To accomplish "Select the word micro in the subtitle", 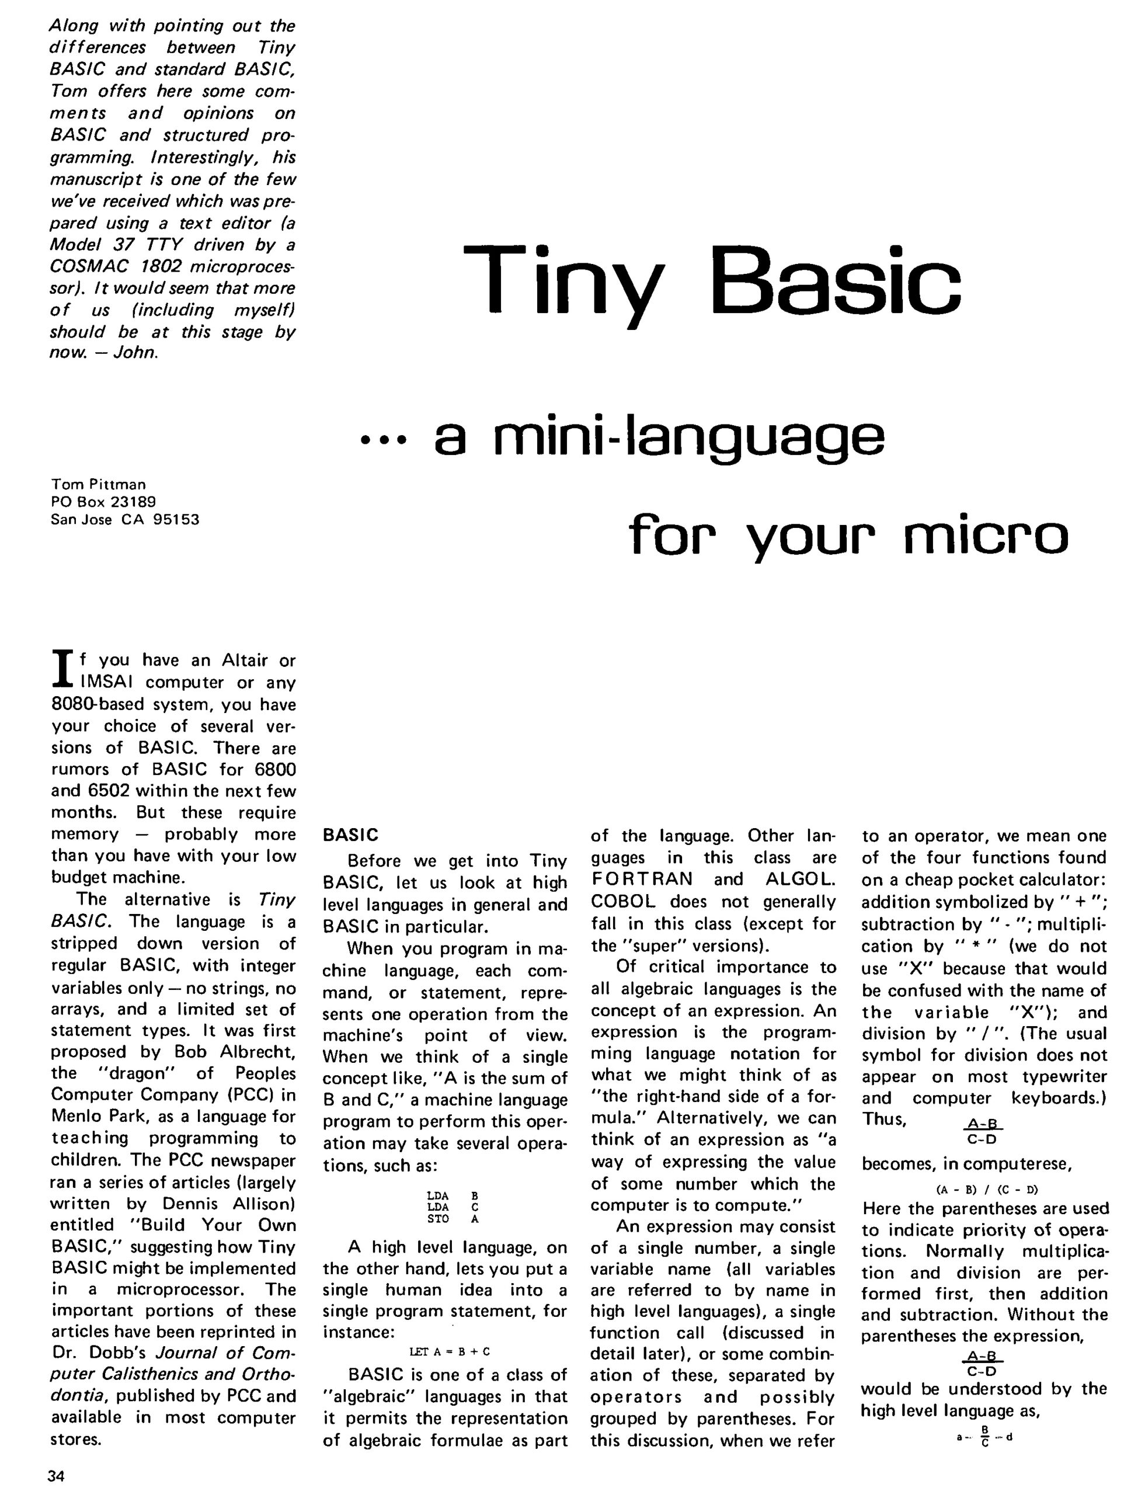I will tap(986, 537).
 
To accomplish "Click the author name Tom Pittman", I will tap(98, 485).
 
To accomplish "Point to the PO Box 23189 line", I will tap(103, 502).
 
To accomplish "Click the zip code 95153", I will tap(176, 519).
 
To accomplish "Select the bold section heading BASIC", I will tap(350, 835).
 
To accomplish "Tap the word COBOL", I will tap(622, 902).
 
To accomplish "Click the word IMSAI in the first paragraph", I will tap(106, 683).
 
